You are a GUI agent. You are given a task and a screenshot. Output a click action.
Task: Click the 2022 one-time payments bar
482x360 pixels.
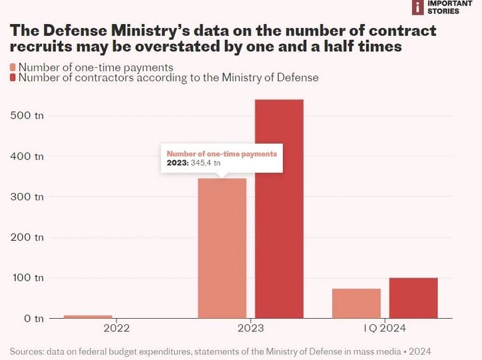pyautogui.click(x=88, y=316)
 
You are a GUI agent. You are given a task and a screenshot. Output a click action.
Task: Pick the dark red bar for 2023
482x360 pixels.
pyautogui.click(x=279, y=209)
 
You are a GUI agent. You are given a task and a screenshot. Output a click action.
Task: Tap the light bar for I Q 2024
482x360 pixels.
pyautogui.click(x=356, y=303)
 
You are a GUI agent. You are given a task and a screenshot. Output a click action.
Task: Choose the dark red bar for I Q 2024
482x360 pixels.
pyautogui.click(x=413, y=298)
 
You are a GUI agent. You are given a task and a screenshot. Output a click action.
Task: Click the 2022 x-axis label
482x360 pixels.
pyautogui.click(x=117, y=329)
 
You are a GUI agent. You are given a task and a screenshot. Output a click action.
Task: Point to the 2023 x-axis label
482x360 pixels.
pyautogui.click(x=250, y=329)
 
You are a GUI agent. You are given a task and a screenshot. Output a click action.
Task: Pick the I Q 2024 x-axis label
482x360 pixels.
pyautogui.click(x=384, y=329)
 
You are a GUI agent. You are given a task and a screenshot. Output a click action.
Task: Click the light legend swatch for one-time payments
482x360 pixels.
pyautogui.click(x=13, y=67)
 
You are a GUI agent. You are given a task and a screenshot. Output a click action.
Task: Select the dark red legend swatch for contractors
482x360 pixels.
pyautogui.click(x=13, y=78)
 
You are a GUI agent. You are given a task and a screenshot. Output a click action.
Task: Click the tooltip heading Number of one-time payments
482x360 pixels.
pyautogui.click(x=221, y=154)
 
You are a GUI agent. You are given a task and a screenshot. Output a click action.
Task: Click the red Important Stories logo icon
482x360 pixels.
pyautogui.click(x=418, y=7)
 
